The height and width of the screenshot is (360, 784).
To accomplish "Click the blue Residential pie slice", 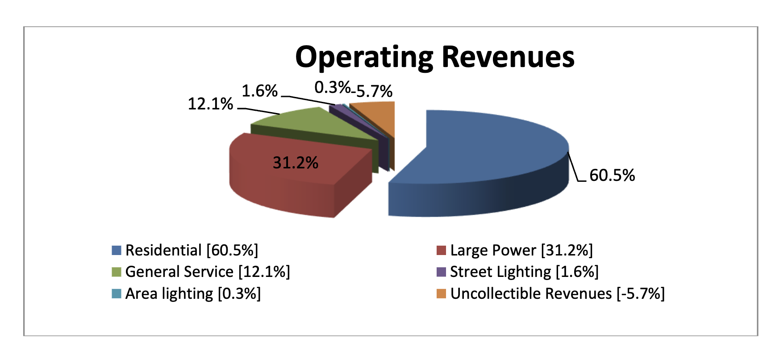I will [482, 152].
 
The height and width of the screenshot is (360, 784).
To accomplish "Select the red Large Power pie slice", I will [286, 179].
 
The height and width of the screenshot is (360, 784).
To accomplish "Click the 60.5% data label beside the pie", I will [612, 175].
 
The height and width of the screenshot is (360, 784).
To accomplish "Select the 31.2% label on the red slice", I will [295, 163].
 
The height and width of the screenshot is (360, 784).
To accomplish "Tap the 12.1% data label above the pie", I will [210, 104].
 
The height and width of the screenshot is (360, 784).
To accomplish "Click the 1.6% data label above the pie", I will [259, 91].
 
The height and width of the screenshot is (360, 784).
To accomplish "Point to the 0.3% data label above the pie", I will [332, 88].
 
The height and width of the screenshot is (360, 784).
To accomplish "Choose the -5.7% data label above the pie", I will [373, 92].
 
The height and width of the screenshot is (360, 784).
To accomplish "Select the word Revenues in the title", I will [508, 57].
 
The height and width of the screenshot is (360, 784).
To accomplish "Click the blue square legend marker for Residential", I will [117, 250].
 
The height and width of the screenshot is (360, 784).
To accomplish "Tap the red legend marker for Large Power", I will [441, 250].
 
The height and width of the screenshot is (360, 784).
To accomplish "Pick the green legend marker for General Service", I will [117, 272].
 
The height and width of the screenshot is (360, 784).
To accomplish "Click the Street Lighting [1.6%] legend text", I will [524, 272].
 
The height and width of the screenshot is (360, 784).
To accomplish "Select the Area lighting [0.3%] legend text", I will [193, 294].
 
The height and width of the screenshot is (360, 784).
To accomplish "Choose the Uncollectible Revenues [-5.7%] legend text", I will [557, 294].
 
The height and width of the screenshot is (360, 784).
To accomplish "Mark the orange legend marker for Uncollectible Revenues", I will [441, 294].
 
